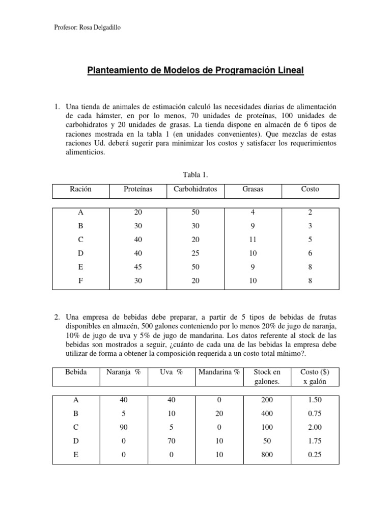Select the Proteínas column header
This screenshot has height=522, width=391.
(138, 189)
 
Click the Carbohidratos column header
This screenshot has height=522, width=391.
(195, 189)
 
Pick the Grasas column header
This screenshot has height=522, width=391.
(253, 189)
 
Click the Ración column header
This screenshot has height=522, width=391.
(81, 189)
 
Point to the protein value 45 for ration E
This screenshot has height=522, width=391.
(138, 266)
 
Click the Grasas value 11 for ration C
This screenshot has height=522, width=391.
(253, 240)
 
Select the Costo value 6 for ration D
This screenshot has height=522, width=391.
(310, 253)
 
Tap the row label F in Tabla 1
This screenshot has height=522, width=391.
(81, 279)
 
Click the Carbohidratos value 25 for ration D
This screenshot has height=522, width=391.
(195, 253)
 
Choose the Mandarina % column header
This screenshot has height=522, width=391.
(219, 372)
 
